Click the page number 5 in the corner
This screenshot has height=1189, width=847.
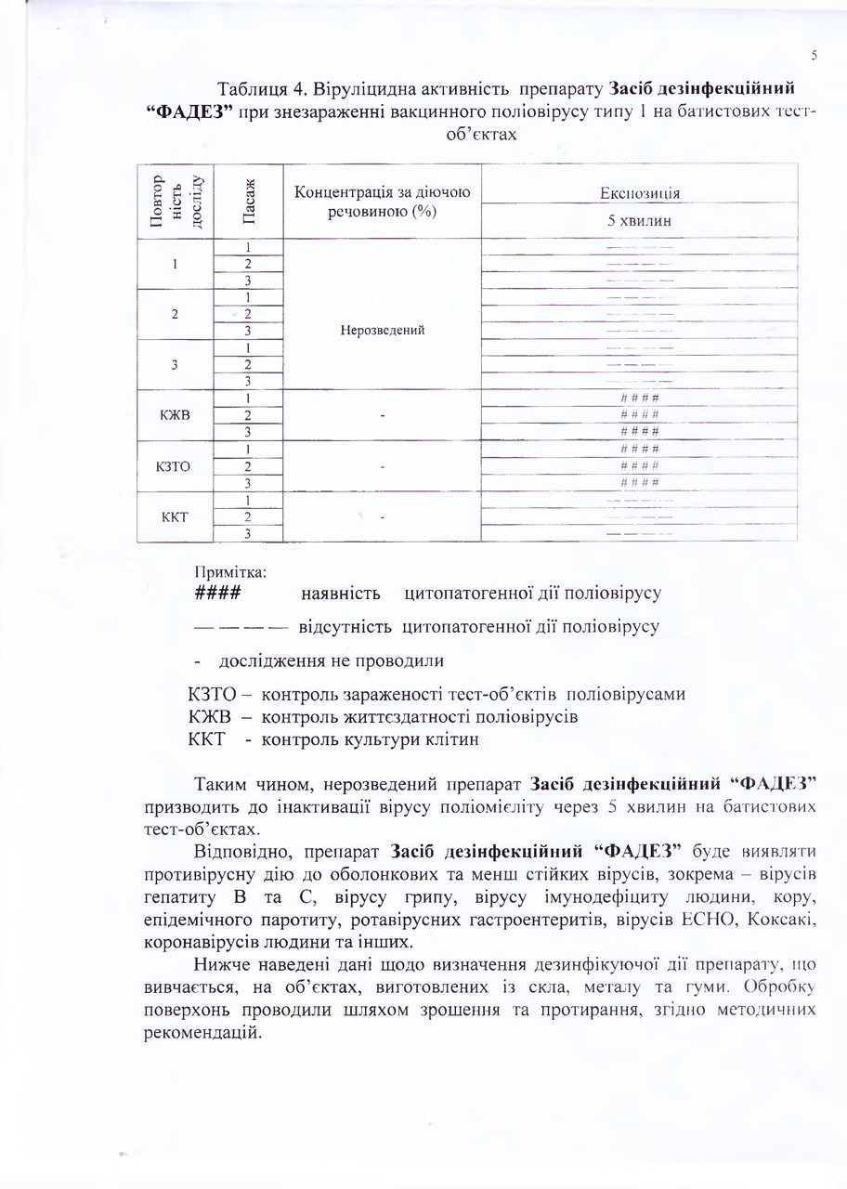pyautogui.click(x=814, y=55)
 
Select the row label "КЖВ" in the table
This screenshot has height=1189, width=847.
pyautogui.click(x=176, y=414)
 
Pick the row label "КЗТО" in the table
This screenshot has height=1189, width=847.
pyautogui.click(x=176, y=465)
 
